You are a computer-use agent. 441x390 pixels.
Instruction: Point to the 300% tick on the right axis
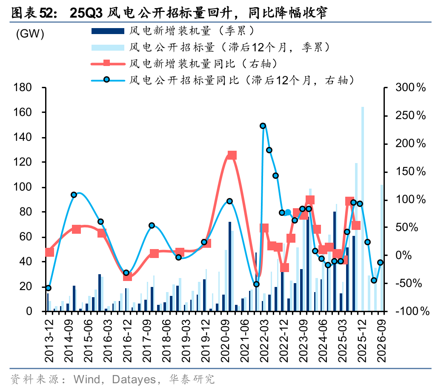pos(410,88)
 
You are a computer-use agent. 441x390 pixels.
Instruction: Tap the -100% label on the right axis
pos(410,311)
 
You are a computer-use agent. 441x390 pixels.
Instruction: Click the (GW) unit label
pos(30,34)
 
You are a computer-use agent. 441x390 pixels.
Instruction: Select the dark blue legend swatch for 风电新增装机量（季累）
pos(106,31)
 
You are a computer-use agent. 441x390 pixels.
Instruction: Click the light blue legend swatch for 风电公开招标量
pos(106,46)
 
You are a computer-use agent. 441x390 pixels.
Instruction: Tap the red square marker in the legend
pos(106,63)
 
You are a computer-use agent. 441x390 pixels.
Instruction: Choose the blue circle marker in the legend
pos(106,79)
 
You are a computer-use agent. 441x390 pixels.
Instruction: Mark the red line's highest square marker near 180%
pos(232,155)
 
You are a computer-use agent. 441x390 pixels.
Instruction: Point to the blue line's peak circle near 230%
pos(263,126)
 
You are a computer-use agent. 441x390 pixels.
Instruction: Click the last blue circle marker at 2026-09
pos(381,263)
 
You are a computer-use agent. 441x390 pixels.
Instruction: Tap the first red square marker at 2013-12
pos(49,252)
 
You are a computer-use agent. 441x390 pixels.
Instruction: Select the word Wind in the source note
pos(87,379)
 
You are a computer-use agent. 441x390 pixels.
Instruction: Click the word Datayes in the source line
pos(134,379)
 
